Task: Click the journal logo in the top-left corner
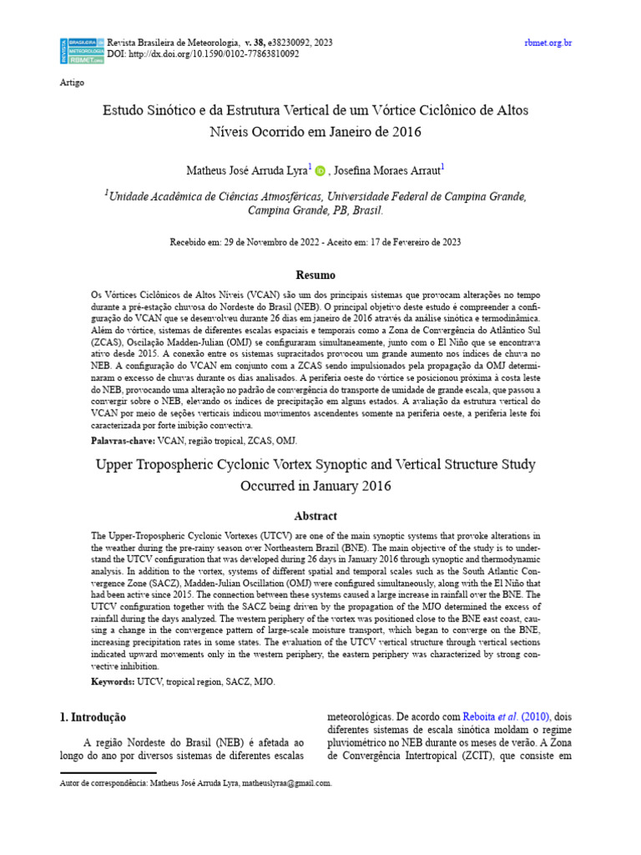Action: (81, 50)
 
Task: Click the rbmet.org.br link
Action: (548, 42)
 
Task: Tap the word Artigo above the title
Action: (73, 83)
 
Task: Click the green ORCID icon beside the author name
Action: (320, 170)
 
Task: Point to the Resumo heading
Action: (315, 275)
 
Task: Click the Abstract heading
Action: (315, 517)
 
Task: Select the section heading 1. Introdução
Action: (93, 717)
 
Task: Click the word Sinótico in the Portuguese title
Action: (169, 110)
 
